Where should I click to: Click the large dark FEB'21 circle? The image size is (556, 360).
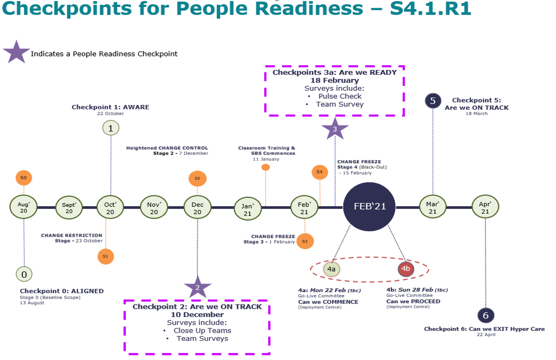[369, 206]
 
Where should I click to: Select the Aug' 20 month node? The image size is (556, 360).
[24, 207]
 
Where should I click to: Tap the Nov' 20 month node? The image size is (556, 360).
[154, 208]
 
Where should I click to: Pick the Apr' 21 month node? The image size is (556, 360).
[485, 208]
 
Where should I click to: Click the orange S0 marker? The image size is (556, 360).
[24, 178]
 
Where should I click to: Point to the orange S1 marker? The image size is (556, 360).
[105, 256]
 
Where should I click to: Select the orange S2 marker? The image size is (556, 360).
[197, 178]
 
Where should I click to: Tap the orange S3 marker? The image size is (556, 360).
[305, 241]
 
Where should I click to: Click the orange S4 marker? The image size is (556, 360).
[319, 172]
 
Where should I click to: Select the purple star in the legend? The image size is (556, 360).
[16, 53]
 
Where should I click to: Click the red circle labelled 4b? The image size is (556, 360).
[406, 269]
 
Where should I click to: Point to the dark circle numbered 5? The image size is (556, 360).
[433, 100]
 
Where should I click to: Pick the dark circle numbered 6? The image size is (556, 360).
[485, 315]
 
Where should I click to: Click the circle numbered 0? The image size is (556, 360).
[24, 274]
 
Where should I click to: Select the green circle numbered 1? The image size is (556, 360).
[110, 127]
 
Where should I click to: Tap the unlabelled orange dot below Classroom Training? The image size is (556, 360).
[265, 167]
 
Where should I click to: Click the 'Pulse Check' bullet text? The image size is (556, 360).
[340, 96]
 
